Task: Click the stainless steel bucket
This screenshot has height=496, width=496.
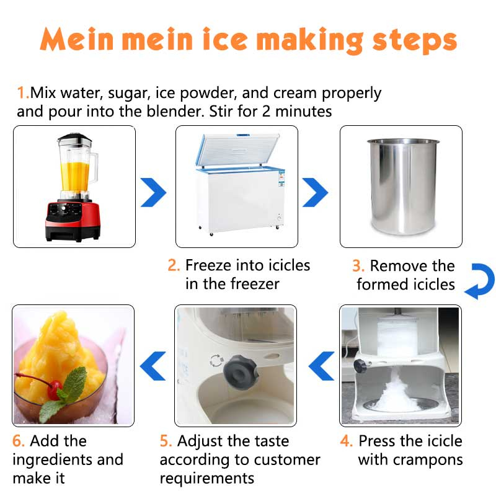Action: [x=403, y=187]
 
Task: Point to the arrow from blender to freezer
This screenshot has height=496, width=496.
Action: [x=153, y=192]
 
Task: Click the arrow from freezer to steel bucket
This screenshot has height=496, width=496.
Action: [x=315, y=192]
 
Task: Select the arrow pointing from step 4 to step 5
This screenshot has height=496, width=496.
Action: [x=321, y=366]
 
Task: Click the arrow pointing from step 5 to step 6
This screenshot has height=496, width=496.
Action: [x=153, y=366]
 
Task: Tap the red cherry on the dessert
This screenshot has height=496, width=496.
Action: [x=55, y=390]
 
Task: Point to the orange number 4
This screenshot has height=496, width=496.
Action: [x=346, y=441]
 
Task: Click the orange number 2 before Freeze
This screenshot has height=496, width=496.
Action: [x=174, y=265]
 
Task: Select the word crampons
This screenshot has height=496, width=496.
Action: [x=428, y=460]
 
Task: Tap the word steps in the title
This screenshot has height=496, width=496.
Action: [x=415, y=42]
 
